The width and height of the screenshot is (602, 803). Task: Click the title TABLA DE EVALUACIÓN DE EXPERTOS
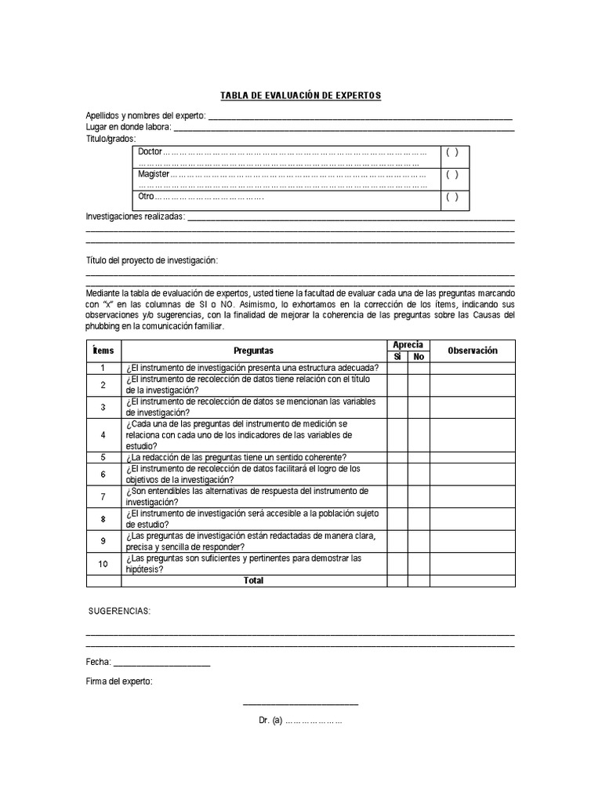pos(300,96)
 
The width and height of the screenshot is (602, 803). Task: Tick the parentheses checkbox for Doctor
pos(452,152)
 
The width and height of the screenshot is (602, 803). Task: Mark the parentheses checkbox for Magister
pos(452,175)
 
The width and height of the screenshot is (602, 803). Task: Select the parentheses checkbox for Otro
pos(452,198)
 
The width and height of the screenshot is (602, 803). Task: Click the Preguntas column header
pos(254,351)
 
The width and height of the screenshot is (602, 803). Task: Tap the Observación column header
pos(472,351)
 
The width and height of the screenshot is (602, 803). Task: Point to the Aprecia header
pos(408,345)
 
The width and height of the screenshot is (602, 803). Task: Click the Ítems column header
pos(103,351)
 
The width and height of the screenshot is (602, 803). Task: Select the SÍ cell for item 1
pos(397,368)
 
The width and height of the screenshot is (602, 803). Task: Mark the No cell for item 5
pos(419,457)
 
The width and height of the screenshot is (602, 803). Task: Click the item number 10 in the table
pos(103,564)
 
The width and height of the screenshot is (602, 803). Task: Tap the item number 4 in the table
pos(103,434)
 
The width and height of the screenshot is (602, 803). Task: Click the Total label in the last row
pos(254,581)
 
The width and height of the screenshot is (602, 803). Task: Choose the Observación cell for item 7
pos(472,496)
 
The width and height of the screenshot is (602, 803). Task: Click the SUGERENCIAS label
pos(118,611)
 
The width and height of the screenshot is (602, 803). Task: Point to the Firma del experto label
pos(119,682)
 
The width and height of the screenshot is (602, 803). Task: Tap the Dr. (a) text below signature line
pos(300,720)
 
